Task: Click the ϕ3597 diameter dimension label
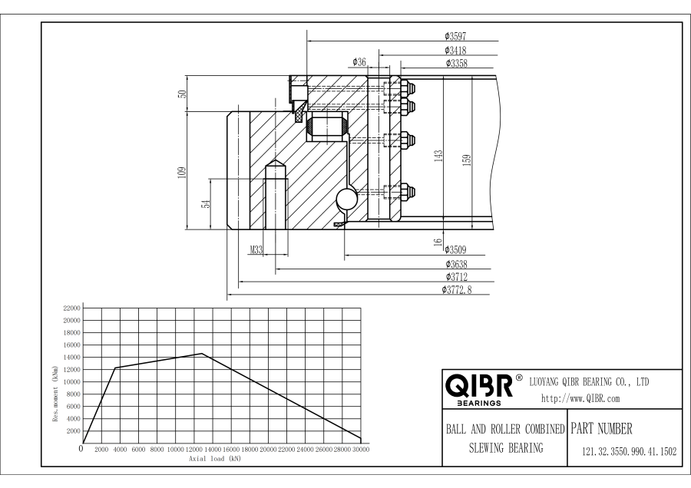455,36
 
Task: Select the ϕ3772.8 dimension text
457,290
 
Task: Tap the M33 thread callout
256,250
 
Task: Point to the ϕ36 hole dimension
359,62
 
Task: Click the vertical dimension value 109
181,172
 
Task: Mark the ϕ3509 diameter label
455,249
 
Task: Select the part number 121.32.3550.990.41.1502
630,451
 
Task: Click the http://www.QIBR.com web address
580,398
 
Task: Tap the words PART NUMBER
601,428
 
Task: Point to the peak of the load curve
202,353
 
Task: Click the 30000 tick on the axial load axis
361,449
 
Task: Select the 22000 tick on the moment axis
72,308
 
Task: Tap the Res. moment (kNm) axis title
55,394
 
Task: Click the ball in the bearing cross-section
346,199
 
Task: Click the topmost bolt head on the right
408,88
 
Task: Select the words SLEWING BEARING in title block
506,448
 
